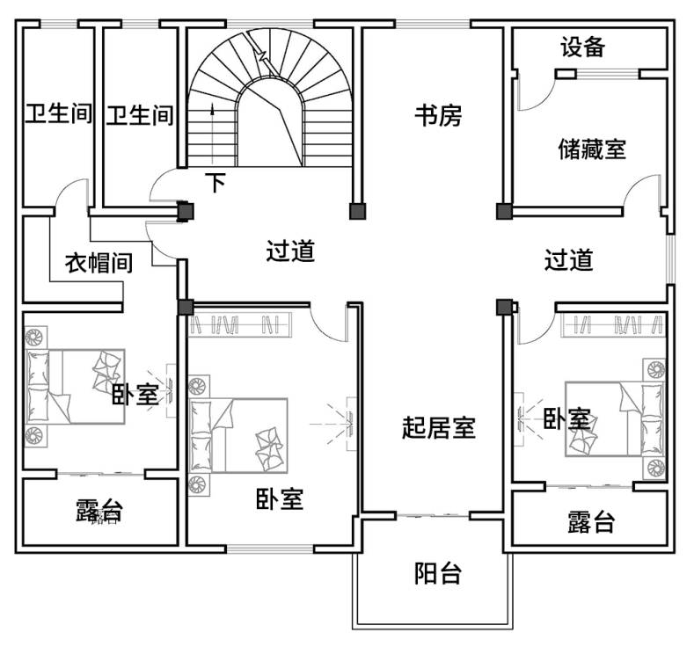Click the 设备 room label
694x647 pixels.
(x=583, y=47)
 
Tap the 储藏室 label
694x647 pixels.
(x=592, y=149)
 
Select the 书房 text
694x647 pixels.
(x=438, y=116)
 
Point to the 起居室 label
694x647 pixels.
(x=439, y=427)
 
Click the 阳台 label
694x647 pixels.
(x=438, y=573)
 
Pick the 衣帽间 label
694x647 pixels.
(x=99, y=263)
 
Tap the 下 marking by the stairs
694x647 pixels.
(x=216, y=182)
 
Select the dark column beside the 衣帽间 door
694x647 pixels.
(x=186, y=211)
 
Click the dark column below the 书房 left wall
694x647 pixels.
(x=358, y=211)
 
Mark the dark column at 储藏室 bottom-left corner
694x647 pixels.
(x=504, y=211)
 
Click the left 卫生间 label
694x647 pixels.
(x=58, y=113)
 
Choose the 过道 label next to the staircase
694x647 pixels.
(x=290, y=251)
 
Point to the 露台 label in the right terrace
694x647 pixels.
(x=591, y=522)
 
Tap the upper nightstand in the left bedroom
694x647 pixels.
(x=35, y=338)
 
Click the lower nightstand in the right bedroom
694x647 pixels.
(x=655, y=468)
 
